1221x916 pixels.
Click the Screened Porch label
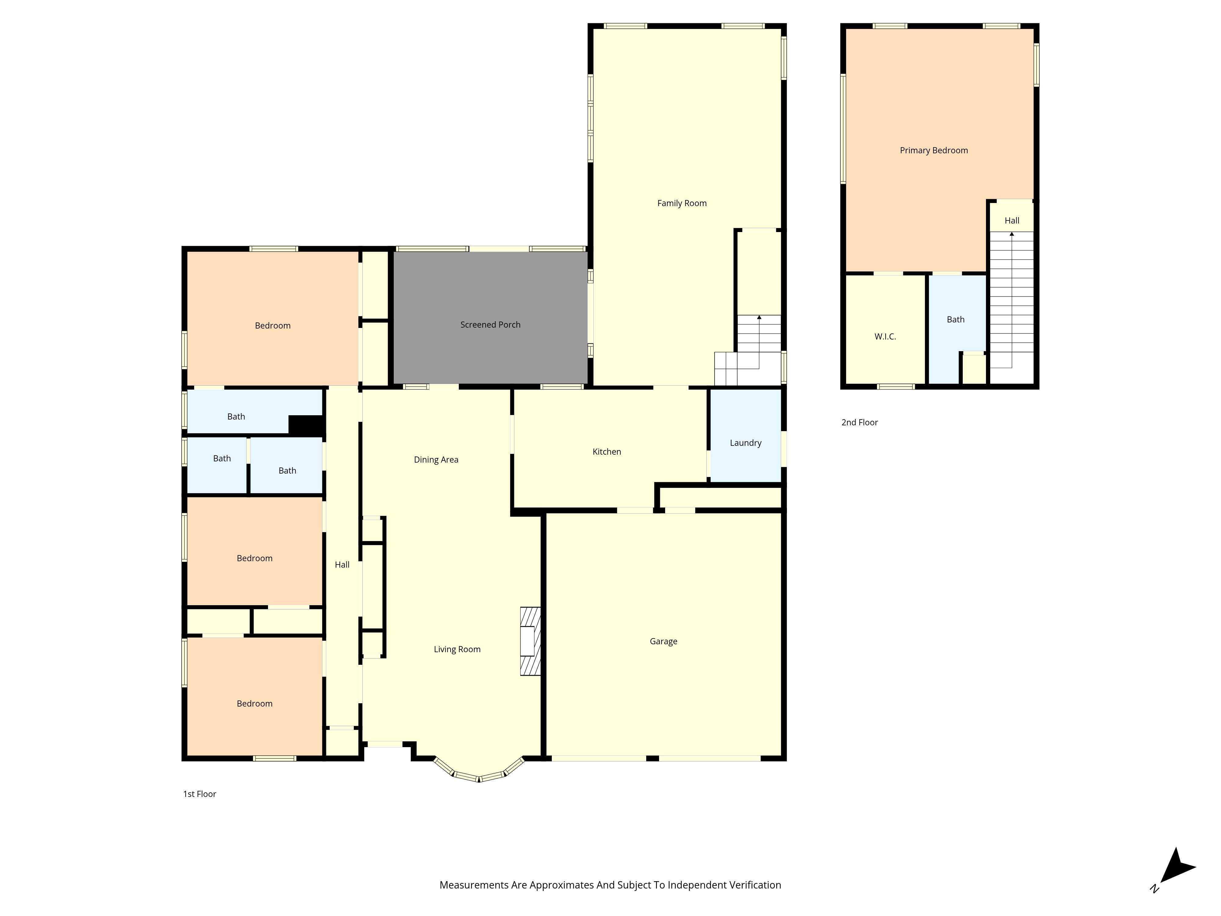coord(490,325)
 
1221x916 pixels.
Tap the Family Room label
coord(682,203)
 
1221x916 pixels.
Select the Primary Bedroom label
coord(933,150)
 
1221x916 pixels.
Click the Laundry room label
coord(745,443)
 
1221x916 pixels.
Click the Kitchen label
coord(607,452)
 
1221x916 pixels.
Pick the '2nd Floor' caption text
coord(859,422)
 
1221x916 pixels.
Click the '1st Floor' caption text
coord(199,794)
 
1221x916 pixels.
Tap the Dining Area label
coord(436,460)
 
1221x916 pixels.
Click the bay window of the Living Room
coord(479,773)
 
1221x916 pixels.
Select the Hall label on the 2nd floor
coord(1011,220)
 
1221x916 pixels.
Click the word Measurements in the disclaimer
coord(466,885)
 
